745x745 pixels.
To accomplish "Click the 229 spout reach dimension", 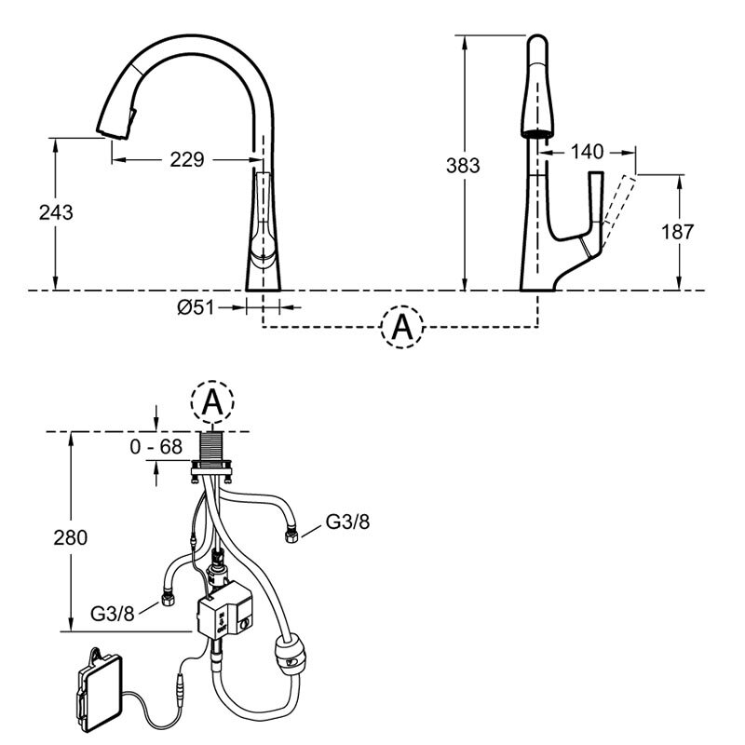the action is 187,159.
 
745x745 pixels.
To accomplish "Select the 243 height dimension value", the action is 56,212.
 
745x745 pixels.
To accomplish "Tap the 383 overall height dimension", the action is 463,166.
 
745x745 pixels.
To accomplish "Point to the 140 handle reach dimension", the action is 588,152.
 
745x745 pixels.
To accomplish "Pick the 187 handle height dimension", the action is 678,232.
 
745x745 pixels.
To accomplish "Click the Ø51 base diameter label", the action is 196,307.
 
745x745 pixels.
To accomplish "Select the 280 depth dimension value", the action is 71,538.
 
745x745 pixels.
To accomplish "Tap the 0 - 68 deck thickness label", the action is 156,447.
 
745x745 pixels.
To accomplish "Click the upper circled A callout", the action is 402,328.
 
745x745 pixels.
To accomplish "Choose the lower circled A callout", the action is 212,402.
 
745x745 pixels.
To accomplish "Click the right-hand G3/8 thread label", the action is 347,521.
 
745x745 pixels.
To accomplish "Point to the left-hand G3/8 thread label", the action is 113,614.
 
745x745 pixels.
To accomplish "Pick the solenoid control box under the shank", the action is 225,612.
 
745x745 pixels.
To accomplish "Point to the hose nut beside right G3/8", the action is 291,537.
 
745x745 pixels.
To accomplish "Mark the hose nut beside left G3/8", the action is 168,600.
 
